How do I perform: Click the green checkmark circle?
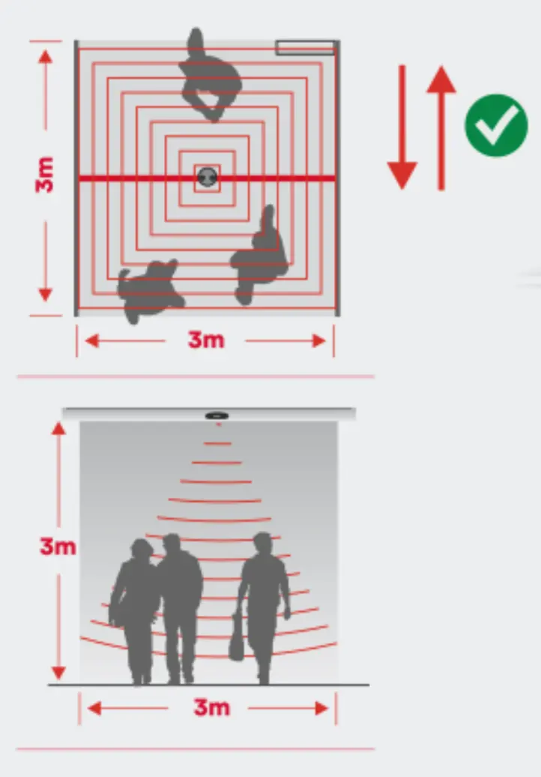click(x=496, y=125)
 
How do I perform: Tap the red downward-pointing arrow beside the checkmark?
click(x=402, y=127)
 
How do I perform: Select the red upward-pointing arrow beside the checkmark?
click(x=441, y=127)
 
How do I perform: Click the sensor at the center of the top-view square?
click(x=207, y=176)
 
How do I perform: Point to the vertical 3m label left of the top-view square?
click(x=44, y=175)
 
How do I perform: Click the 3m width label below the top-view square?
click(x=206, y=340)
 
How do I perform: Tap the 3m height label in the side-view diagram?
click(x=58, y=546)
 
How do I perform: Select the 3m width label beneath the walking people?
click(x=212, y=707)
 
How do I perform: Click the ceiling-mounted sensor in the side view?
click(x=217, y=415)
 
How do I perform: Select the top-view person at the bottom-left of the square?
click(x=149, y=290)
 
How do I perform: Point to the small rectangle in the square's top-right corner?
click(x=306, y=47)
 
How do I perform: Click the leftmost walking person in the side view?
click(x=135, y=612)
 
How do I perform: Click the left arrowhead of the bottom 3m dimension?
click(x=94, y=709)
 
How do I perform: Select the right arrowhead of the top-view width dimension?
click(x=319, y=341)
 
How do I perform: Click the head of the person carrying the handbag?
click(x=262, y=544)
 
